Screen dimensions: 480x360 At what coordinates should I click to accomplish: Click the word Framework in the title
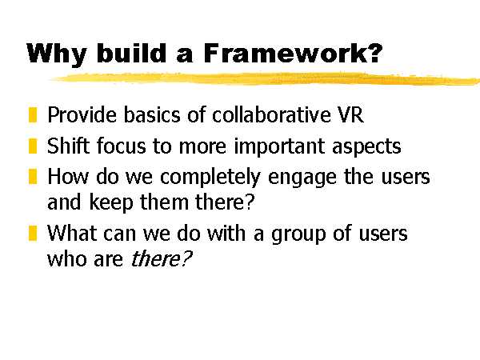(x=293, y=54)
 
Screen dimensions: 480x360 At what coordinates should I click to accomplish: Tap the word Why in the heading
(x=57, y=54)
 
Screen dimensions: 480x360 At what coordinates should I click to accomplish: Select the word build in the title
(x=132, y=53)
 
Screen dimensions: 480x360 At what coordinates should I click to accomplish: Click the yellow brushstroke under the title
(x=265, y=79)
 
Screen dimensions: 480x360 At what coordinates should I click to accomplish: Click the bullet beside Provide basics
(x=33, y=114)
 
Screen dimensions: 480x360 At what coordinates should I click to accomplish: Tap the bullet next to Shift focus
(x=33, y=146)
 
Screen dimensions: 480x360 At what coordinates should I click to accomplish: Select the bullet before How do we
(x=33, y=176)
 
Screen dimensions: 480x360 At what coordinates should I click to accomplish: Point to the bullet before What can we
(x=33, y=233)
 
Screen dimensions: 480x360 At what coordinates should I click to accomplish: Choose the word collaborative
(x=271, y=114)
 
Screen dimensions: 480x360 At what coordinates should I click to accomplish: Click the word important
(x=279, y=147)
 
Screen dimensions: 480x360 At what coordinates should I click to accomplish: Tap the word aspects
(x=366, y=147)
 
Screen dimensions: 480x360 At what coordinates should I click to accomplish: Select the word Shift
(x=69, y=146)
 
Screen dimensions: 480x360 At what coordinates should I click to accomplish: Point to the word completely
(x=210, y=178)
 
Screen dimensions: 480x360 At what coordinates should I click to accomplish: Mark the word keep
(x=111, y=203)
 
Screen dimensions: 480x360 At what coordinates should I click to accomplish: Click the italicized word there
(x=161, y=259)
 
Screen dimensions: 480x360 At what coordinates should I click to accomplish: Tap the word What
(x=72, y=233)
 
